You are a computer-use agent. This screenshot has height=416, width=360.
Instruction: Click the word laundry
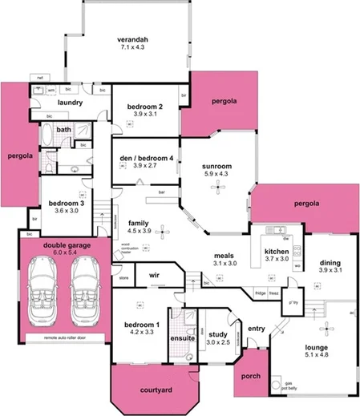(x=71, y=103)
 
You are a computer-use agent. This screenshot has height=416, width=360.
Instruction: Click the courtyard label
(x=156, y=390)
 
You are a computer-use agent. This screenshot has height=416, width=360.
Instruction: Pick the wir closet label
(x=155, y=275)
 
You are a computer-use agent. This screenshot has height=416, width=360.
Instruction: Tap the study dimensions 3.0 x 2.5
(x=218, y=342)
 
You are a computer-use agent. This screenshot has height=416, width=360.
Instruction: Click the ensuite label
(x=184, y=338)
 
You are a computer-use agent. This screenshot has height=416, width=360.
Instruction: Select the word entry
(x=257, y=328)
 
